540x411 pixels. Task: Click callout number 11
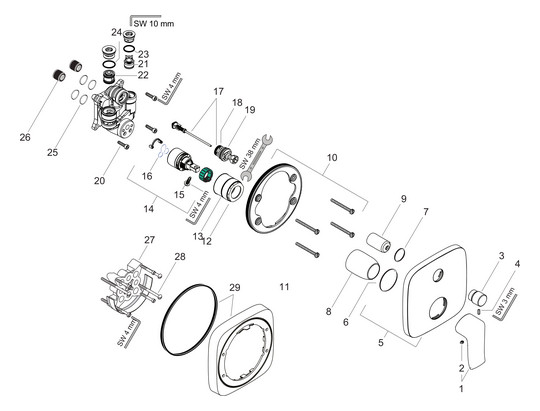point(285,287)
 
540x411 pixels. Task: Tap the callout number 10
point(332,157)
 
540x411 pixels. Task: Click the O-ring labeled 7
point(399,252)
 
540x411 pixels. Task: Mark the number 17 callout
point(216,93)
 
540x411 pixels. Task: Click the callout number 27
point(149,240)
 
